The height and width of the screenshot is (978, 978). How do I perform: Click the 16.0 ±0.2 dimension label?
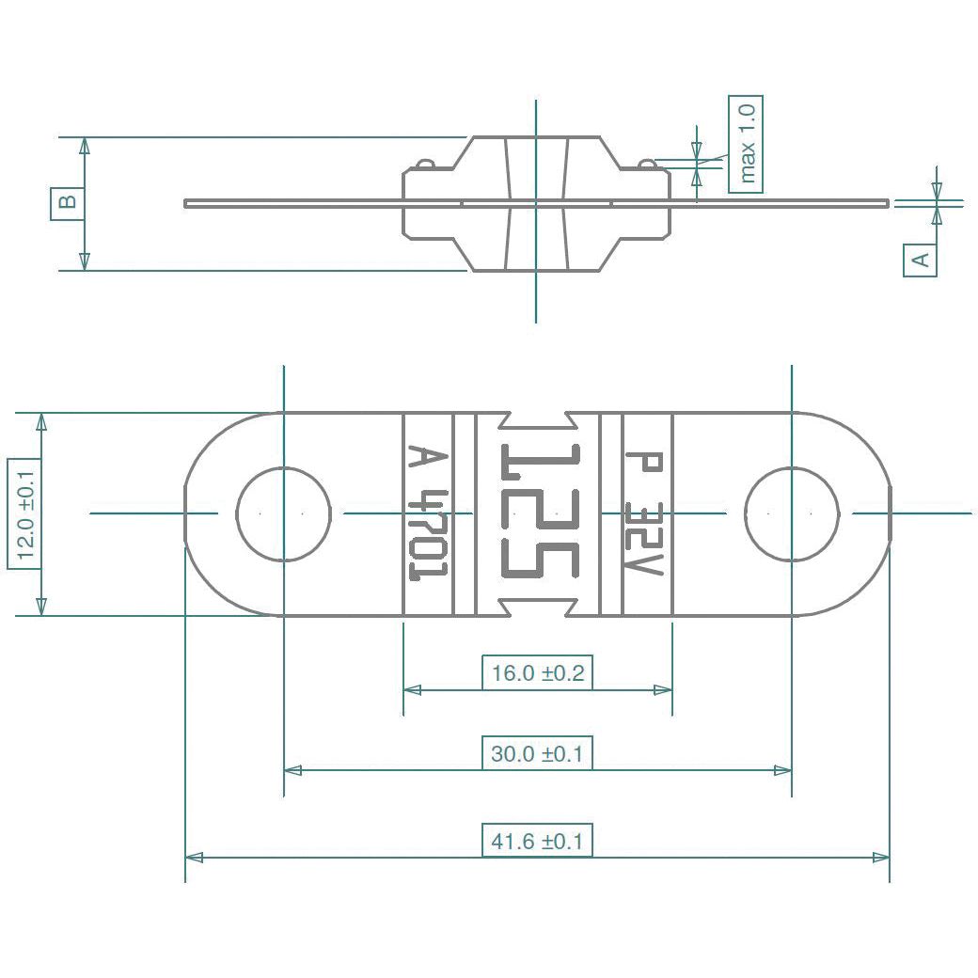(x=537, y=672)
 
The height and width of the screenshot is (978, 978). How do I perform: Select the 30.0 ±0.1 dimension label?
(x=537, y=753)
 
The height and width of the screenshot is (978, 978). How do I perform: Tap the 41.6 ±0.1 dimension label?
(x=537, y=841)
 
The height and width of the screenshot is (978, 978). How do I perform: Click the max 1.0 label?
(x=746, y=144)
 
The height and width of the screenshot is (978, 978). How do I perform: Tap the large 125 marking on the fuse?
(x=539, y=513)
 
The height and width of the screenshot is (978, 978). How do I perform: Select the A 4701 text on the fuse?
(x=428, y=513)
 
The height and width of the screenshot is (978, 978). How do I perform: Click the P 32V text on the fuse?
(x=645, y=513)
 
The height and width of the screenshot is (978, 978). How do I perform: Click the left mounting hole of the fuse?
(x=283, y=513)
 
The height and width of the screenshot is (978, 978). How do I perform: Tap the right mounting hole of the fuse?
(x=792, y=513)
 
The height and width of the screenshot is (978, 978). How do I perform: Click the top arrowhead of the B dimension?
(x=85, y=145)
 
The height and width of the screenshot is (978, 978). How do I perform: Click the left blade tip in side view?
(x=188, y=202)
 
